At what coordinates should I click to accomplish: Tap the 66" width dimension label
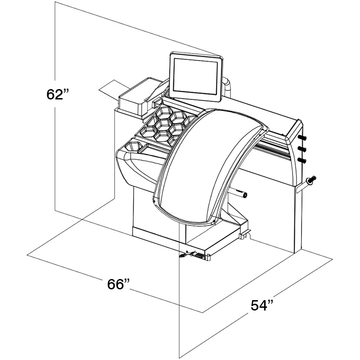coord(118,284)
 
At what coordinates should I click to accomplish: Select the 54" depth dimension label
coord(262,305)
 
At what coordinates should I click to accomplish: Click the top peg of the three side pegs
coord(302,138)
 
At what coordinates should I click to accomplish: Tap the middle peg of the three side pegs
coord(302,149)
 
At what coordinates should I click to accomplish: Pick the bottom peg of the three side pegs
coord(302,161)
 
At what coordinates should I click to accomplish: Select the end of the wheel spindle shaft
coord(245,195)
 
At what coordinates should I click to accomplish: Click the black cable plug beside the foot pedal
coord(183,255)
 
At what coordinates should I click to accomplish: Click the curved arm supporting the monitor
coord(227,87)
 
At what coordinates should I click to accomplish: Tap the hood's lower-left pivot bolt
coord(153,201)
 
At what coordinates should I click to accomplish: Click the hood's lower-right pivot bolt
coord(214,221)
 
